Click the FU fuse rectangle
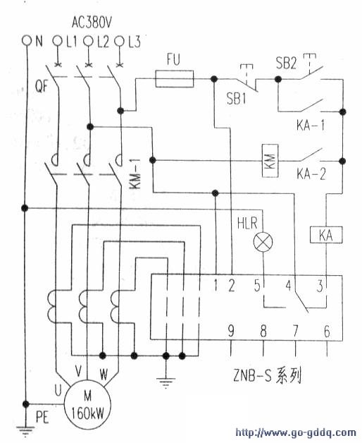click(x=173, y=82)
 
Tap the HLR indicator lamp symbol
click(x=263, y=243)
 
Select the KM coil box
click(x=270, y=161)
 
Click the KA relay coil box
click(x=325, y=236)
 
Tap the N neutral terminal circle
click(x=27, y=42)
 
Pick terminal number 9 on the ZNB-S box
click(x=230, y=329)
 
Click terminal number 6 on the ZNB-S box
click(x=326, y=329)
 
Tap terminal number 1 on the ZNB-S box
click(x=216, y=286)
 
